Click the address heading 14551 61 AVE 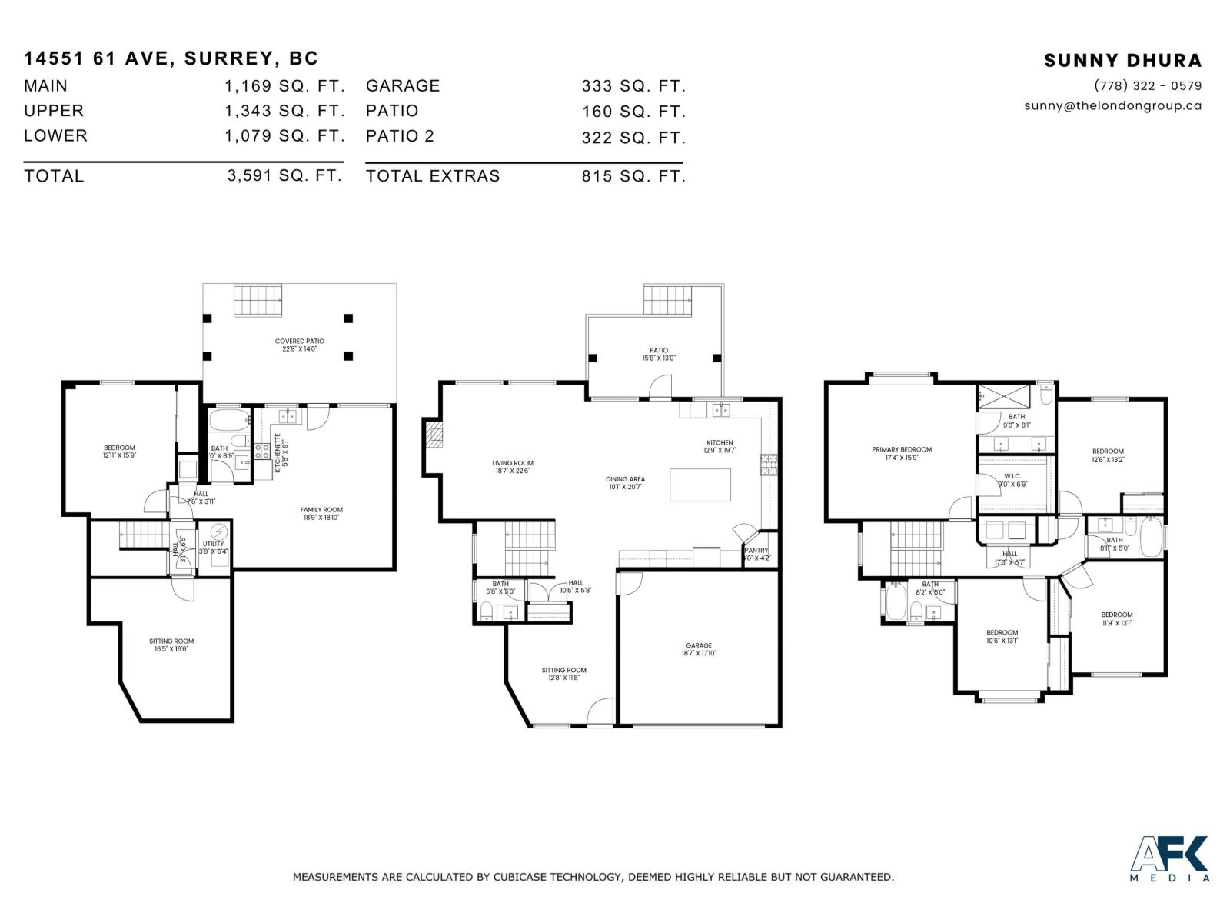(x=171, y=58)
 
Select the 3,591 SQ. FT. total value (x=284, y=175)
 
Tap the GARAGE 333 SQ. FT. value (x=633, y=86)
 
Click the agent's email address (x=1112, y=106)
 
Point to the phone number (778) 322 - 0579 (x=1148, y=86)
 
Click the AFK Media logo (x=1169, y=858)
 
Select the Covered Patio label (x=300, y=345)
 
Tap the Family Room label (x=321, y=513)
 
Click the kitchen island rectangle (x=700, y=485)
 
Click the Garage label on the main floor (x=699, y=649)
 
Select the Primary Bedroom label (x=902, y=453)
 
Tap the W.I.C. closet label (x=1012, y=480)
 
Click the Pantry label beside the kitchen (x=756, y=554)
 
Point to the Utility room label (x=214, y=547)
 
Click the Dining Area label (x=625, y=482)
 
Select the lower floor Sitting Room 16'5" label (x=171, y=645)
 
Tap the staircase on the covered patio (x=258, y=299)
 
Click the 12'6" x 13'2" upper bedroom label (x=1108, y=455)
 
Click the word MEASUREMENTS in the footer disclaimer (x=335, y=877)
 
